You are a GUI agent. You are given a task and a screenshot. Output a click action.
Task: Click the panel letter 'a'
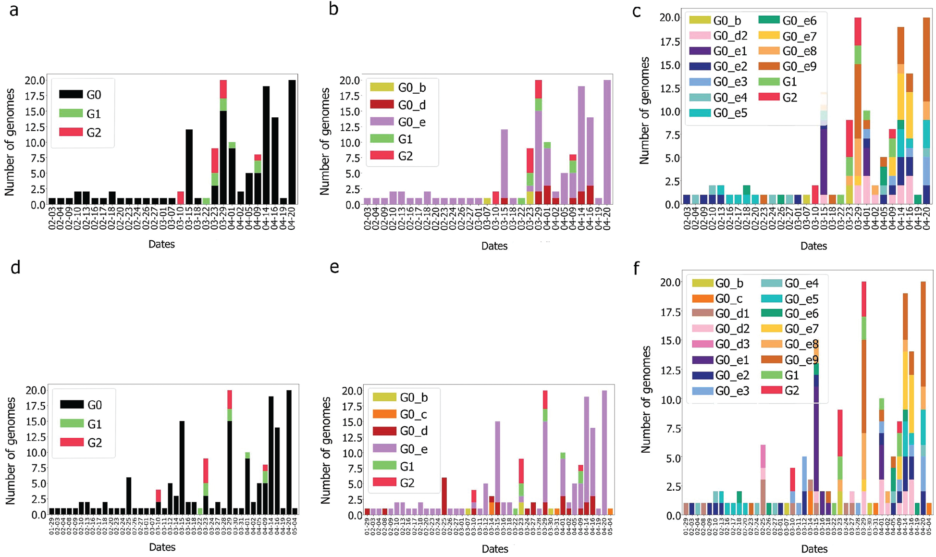[x=14, y=10]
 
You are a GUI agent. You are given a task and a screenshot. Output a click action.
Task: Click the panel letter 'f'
[x=637, y=268]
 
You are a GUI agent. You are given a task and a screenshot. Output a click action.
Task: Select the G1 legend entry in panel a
[x=82, y=114]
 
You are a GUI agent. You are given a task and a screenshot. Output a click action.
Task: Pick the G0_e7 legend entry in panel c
[x=788, y=36]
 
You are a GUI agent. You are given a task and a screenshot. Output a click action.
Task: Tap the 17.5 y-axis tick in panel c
[x=670, y=42]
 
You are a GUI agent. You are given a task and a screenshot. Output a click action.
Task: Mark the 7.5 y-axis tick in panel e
[x=352, y=469]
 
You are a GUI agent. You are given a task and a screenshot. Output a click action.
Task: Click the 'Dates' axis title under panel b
[x=494, y=246]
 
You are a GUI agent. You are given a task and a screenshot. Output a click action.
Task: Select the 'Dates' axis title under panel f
[x=814, y=549]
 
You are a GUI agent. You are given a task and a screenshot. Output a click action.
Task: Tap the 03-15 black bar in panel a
[x=189, y=167]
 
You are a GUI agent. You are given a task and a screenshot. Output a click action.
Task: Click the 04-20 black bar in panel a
[x=292, y=142]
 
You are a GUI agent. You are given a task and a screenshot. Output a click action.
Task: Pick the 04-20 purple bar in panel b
[x=607, y=142]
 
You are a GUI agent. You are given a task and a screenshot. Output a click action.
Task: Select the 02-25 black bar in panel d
[x=129, y=495]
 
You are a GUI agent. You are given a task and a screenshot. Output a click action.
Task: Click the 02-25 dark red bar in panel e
[x=444, y=495]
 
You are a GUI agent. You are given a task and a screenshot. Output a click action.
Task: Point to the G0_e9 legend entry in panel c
[x=788, y=66]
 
